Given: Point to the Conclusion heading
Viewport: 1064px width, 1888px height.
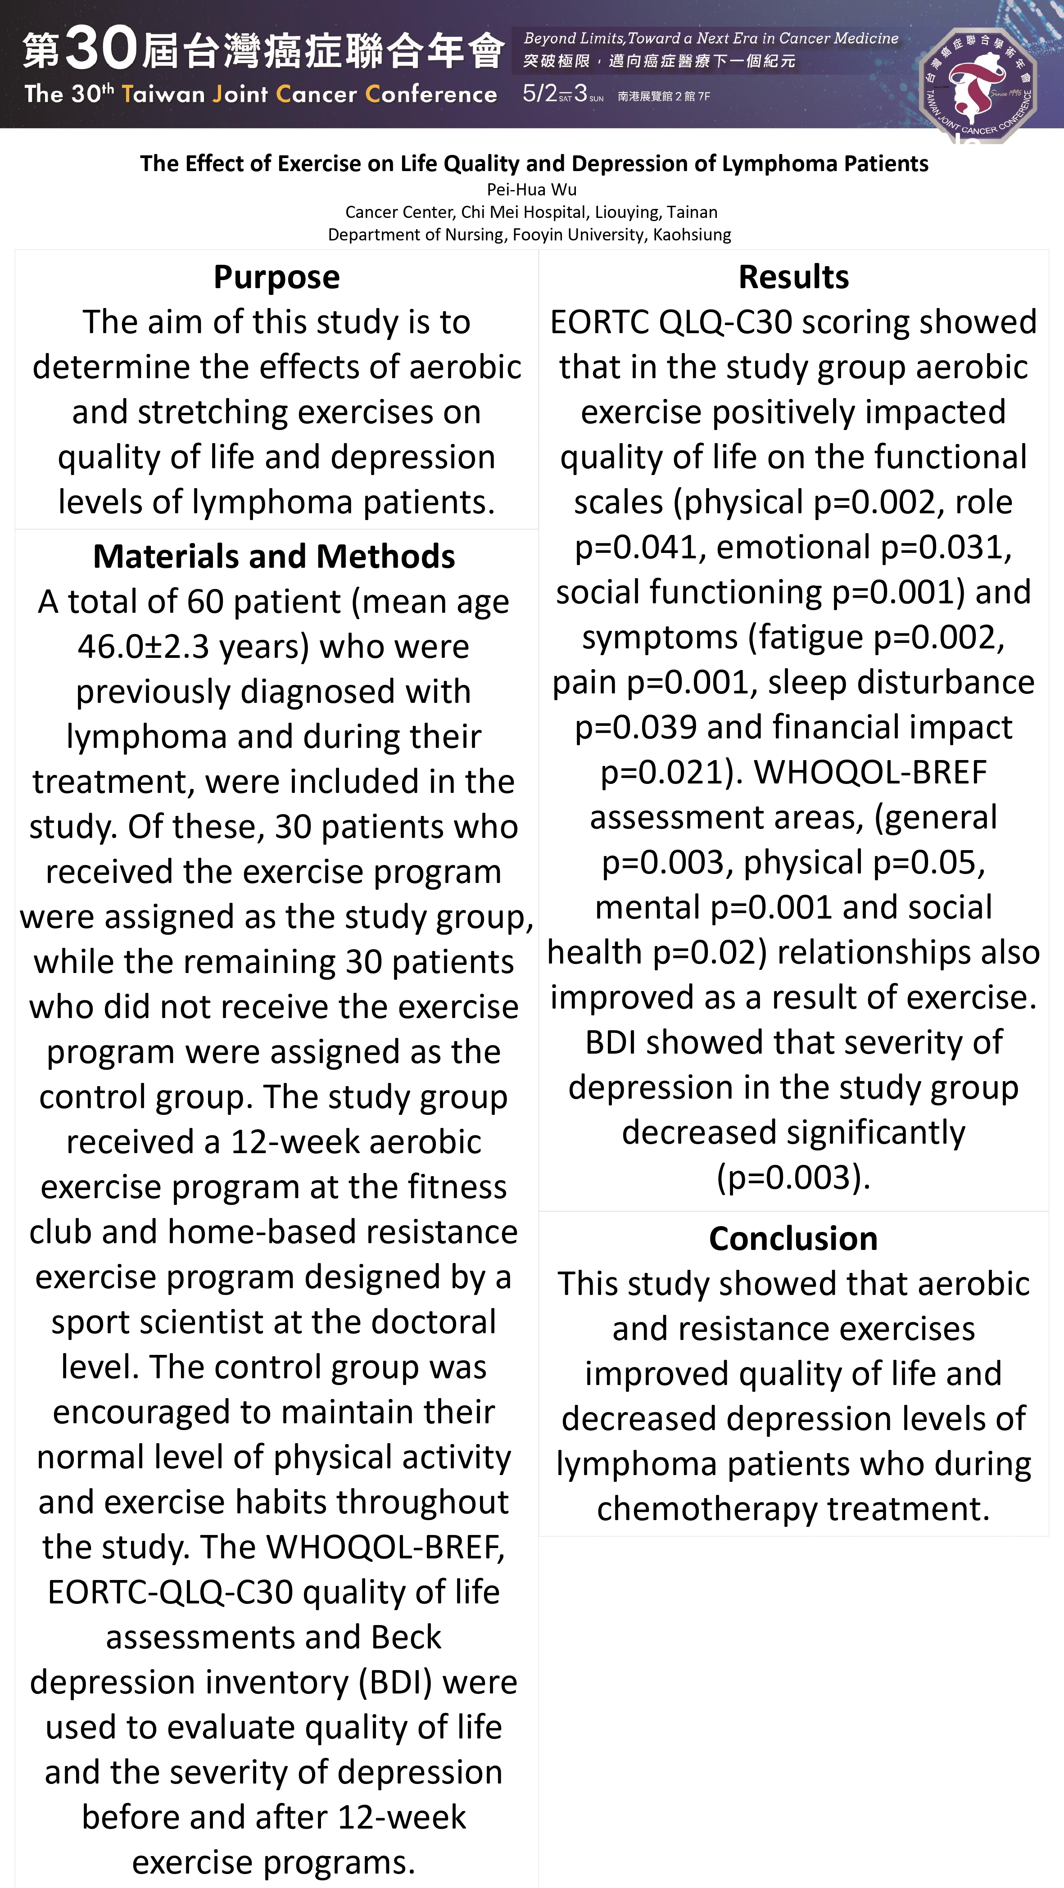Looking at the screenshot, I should point(793,1239).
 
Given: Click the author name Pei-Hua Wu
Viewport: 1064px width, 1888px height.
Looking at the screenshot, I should point(531,190).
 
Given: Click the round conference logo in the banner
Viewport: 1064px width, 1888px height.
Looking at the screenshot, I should point(978,82).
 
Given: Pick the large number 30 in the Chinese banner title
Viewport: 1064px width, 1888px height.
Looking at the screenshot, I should point(101,48).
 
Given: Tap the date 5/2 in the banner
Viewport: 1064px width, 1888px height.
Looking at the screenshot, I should point(539,94).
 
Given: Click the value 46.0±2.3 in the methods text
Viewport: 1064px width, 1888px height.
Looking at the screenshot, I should point(144,647).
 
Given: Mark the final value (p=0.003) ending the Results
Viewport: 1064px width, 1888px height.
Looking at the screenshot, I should point(793,1178).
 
